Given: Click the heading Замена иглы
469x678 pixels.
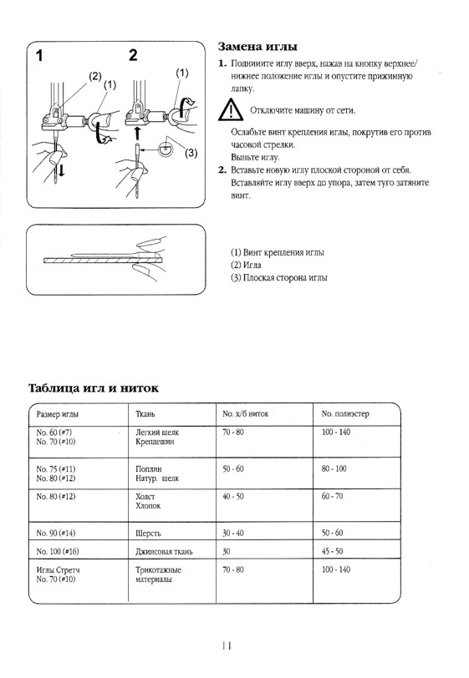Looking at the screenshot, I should (257, 47).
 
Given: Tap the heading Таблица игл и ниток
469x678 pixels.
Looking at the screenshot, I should (94, 388).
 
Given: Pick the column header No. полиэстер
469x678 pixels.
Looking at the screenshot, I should (345, 413).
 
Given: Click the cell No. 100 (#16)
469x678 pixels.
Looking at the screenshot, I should (64, 552).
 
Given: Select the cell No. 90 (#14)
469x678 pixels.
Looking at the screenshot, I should (62, 532).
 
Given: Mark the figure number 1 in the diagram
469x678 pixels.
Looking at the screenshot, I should (38, 57).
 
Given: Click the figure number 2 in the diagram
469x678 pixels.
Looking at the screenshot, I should (132, 57).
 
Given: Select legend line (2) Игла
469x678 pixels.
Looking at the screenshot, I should (249, 265).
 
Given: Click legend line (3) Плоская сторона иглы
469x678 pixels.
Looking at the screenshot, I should (279, 277).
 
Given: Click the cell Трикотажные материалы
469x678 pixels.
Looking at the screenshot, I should (159, 574).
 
